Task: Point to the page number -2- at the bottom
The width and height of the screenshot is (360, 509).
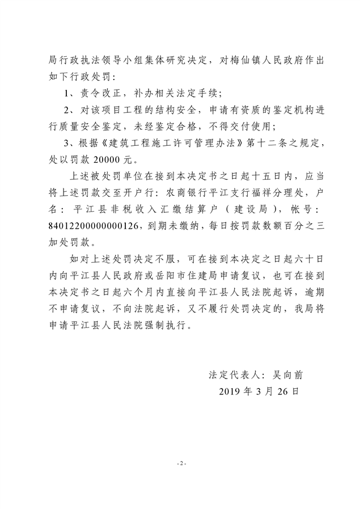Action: pos(180,464)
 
